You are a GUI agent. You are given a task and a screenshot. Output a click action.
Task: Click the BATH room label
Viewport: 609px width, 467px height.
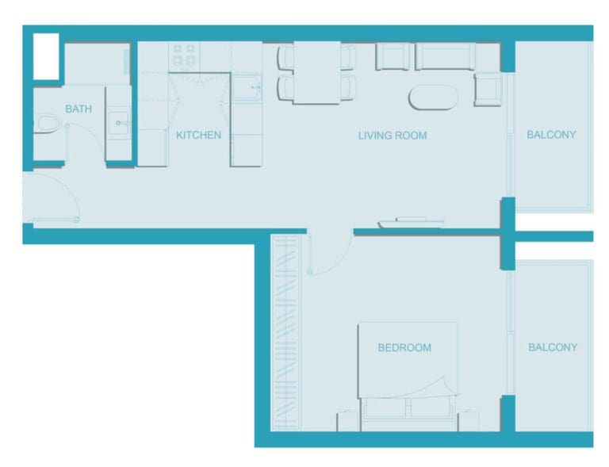click(x=78, y=109)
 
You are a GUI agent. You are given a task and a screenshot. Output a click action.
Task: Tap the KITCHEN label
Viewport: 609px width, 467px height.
click(x=198, y=135)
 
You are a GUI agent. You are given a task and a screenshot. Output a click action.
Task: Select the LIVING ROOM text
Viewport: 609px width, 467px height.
click(x=393, y=136)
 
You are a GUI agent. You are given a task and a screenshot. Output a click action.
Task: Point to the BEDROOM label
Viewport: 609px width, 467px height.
click(x=404, y=347)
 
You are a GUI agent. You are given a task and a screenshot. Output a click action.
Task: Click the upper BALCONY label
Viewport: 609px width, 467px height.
click(x=551, y=135)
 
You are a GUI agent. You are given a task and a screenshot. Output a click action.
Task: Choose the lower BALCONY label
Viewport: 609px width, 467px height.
click(x=553, y=347)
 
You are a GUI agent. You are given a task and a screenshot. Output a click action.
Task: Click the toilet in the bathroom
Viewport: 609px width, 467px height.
click(x=48, y=124)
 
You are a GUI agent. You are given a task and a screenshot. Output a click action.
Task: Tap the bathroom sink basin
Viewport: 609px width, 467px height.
click(x=119, y=123)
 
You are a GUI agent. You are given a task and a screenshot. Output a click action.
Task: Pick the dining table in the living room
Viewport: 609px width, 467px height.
click(x=316, y=72)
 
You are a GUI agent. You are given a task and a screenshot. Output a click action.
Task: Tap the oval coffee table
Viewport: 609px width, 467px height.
click(x=433, y=98)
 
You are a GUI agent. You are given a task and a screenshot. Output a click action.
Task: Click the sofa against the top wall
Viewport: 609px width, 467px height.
click(x=444, y=56)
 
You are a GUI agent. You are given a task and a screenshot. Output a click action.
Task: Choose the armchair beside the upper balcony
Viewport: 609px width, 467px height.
click(x=487, y=88)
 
